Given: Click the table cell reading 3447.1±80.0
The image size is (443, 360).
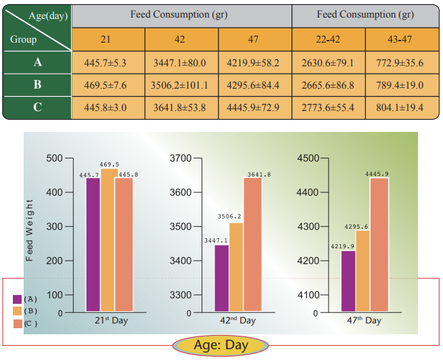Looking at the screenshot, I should tap(182, 64).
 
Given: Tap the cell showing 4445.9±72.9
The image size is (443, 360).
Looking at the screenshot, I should tap(255, 107).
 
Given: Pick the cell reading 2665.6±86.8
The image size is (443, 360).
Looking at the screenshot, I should tap(329, 85).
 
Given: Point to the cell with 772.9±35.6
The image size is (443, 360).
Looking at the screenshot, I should tap(402, 64).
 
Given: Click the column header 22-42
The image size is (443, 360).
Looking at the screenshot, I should tap(329, 39).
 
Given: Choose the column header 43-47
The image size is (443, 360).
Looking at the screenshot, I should tap(402, 39).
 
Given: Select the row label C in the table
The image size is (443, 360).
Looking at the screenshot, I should tap(37, 107).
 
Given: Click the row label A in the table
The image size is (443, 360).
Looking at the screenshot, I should tap(37, 64).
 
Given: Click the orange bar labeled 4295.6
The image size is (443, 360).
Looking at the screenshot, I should tap(363, 271).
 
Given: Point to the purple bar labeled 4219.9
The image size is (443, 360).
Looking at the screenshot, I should tap(348, 281).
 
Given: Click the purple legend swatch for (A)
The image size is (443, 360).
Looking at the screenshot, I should tap(17, 298).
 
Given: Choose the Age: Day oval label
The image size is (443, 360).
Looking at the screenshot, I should tap(221, 346).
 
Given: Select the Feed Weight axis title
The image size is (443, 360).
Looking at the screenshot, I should tap(30, 230).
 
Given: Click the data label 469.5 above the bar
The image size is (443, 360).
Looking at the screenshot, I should tap(109, 164).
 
